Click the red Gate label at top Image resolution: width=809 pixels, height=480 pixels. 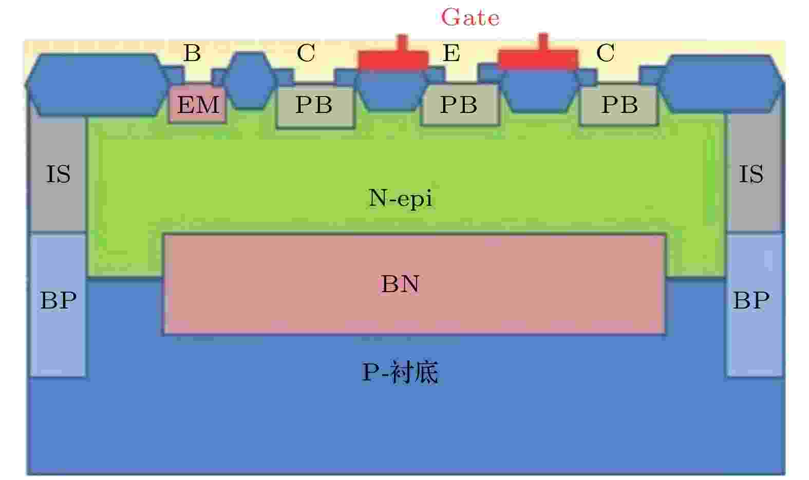coord(471,17)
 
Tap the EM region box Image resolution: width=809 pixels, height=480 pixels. coord(198,104)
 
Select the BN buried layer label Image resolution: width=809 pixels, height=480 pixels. coord(401,284)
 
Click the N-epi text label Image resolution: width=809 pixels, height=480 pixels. coord(400,198)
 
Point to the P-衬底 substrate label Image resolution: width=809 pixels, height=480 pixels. coord(400,372)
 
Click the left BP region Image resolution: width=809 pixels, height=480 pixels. coord(58,305)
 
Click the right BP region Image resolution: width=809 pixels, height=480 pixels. coord(755,305)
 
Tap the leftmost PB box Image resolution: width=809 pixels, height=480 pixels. coord(315,106)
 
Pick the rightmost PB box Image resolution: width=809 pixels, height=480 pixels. coord(618,105)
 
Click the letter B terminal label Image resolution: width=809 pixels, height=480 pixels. coord(192,53)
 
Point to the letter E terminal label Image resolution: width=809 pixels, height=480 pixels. coord(451,53)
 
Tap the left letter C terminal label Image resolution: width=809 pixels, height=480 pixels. coord(306,53)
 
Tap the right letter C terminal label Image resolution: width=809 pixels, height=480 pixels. coord(606,53)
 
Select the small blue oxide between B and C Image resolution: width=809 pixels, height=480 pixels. coord(250,80)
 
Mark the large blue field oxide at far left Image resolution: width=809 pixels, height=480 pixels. coord(98,85)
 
